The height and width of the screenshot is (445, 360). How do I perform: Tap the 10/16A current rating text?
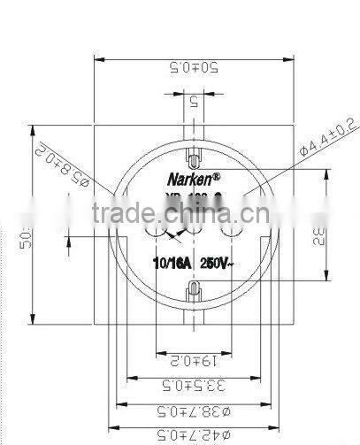[x=173, y=263]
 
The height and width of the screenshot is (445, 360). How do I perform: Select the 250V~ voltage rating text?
[x=218, y=263]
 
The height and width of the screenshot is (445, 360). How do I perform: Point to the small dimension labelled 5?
[x=193, y=101]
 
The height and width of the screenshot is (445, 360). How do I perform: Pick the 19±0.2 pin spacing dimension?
[x=191, y=359]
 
